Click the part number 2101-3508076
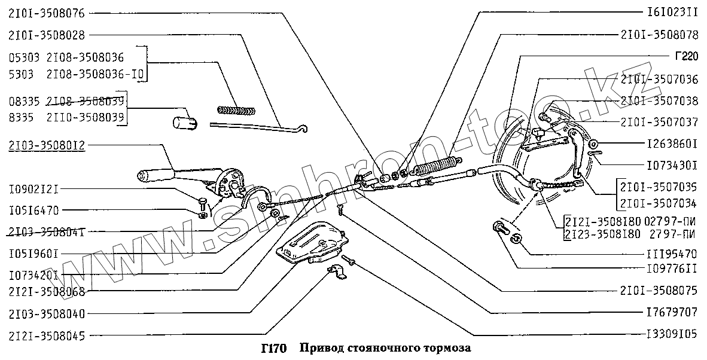(46, 13)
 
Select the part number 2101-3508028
(46, 35)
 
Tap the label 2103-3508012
(46, 145)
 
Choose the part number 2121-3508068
(46, 292)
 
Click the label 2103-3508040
(46, 313)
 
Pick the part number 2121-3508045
(46, 335)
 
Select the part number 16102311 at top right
(669, 13)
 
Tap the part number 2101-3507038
(660, 100)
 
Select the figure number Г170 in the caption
(275, 349)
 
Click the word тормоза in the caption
(449, 349)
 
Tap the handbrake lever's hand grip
(154, 175)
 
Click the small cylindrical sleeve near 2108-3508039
(184, 123)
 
